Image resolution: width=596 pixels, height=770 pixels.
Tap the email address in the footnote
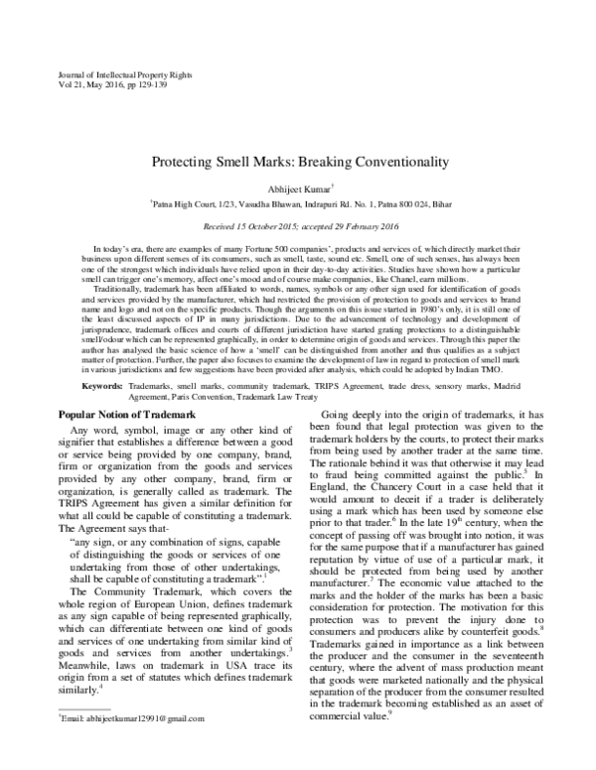(x=138, y=745)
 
